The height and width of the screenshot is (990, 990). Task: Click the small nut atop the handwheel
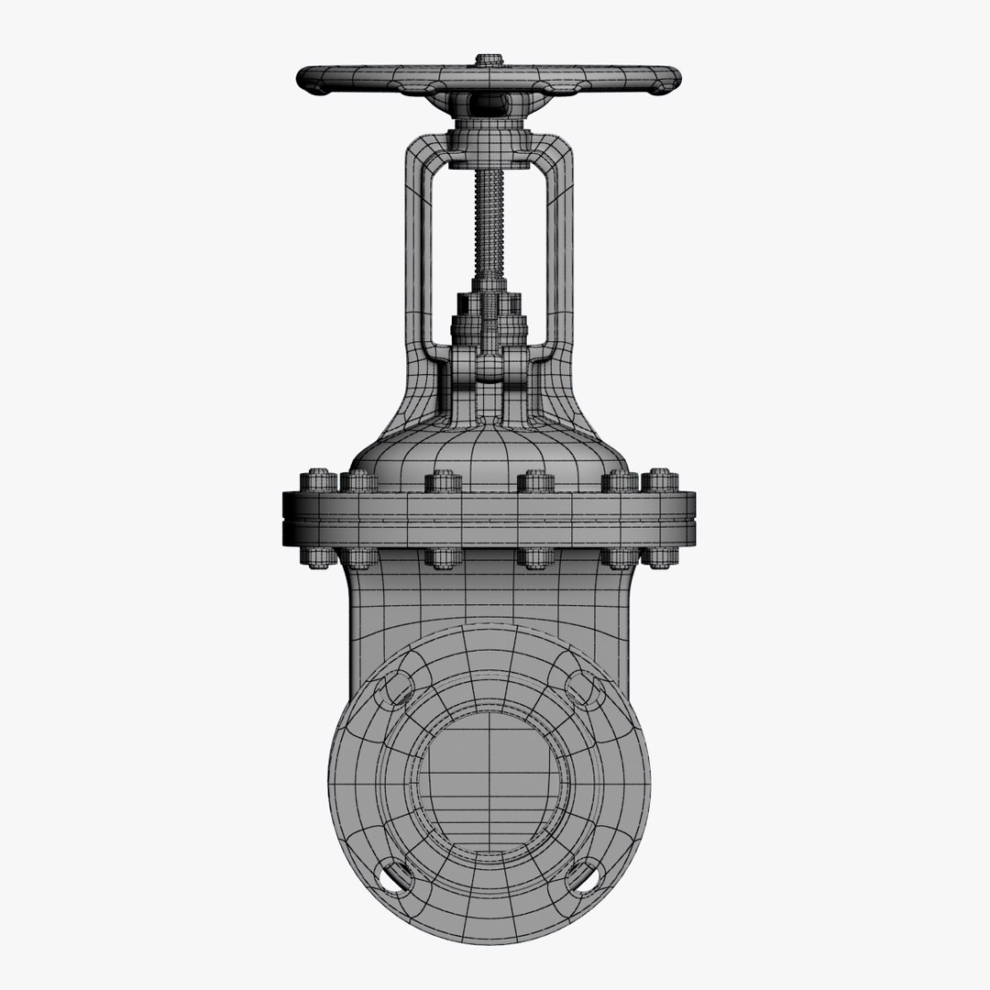(x=489, y=60)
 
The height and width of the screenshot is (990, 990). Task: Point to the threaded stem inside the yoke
(x=489, y=220)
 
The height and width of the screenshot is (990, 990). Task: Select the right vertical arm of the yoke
(x=560, y=247)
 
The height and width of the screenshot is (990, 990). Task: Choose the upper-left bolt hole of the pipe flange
(x=398, y=687)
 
